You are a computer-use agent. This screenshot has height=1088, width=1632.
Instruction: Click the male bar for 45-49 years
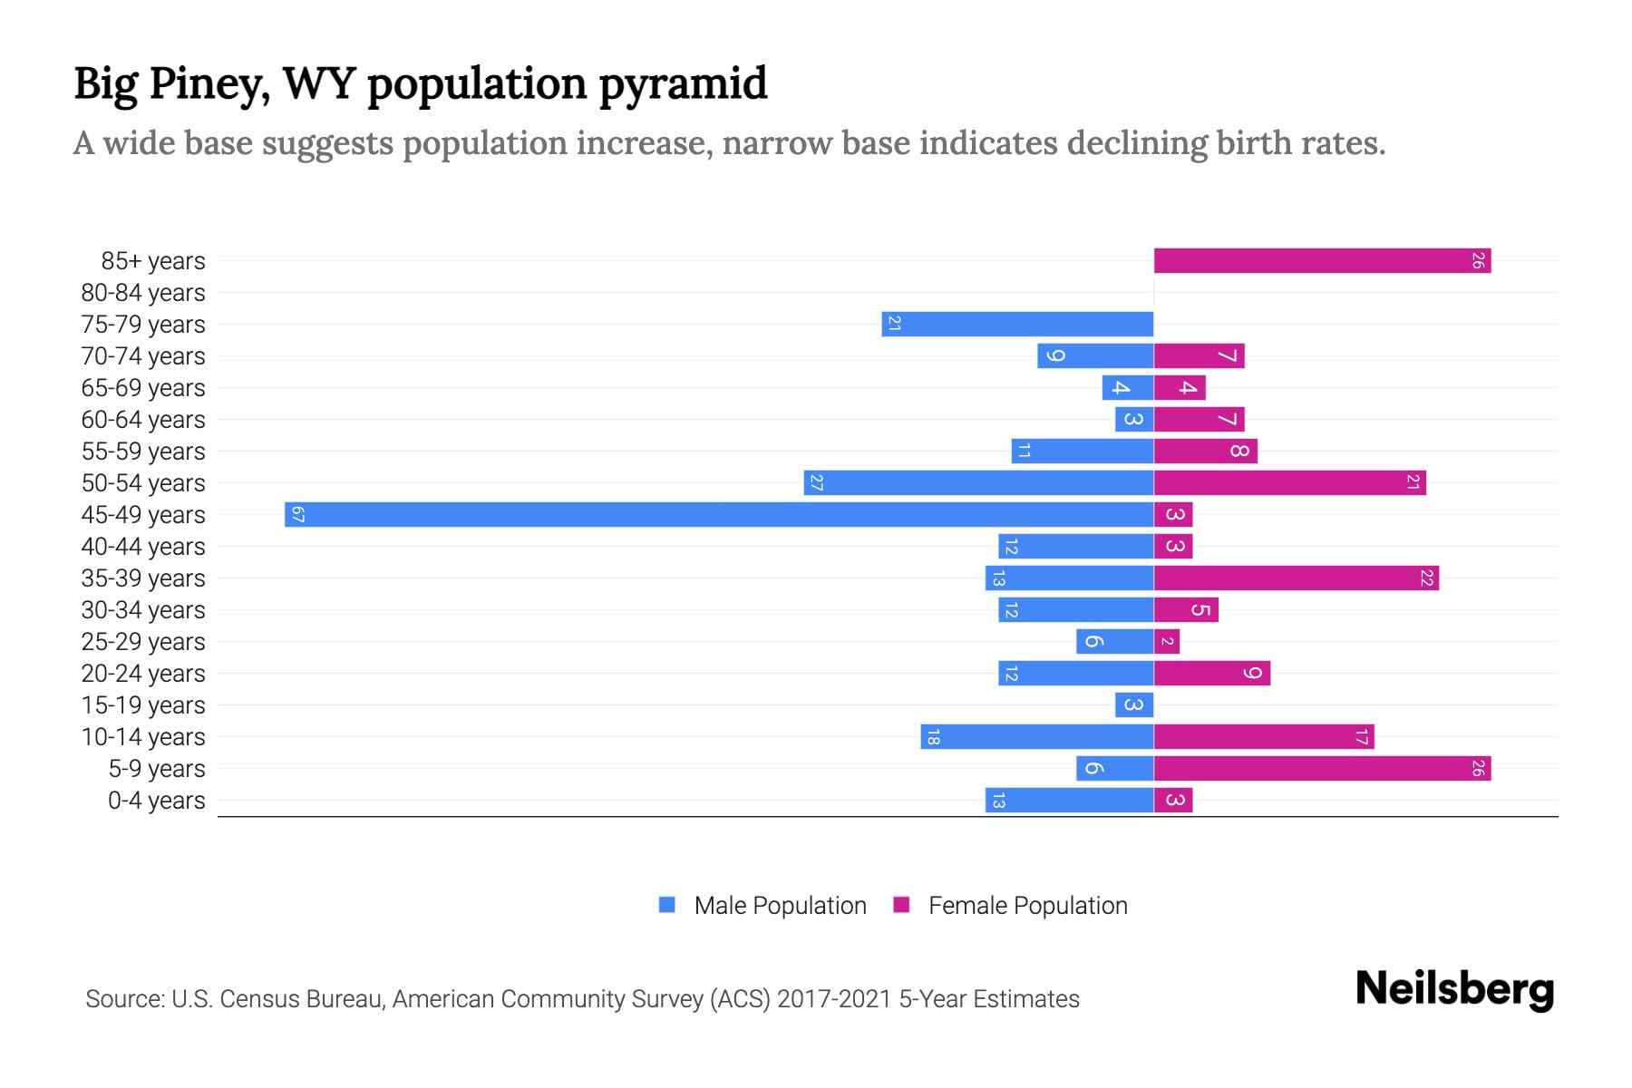tap(719, 514)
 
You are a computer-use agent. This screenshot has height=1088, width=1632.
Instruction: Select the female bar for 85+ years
tap(1322, 260)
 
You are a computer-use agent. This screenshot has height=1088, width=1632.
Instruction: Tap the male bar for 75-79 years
tap(1017, 324)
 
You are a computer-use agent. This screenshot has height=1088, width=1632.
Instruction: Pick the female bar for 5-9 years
tap(1322, 768)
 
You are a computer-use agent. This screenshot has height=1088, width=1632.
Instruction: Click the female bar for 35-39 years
tap(1297, 578)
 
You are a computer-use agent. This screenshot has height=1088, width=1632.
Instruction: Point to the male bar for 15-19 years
tap(1134, 704)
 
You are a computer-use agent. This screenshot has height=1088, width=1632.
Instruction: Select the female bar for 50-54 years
tap(1289, 482)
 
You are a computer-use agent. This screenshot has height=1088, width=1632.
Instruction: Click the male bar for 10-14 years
tap(1037, 736)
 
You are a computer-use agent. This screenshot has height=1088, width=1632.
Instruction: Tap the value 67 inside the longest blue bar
tap(297, 515)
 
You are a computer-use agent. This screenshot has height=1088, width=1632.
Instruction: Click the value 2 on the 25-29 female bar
tap(1168, 642)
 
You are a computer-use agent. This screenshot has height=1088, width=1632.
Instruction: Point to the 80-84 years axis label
tap(143, 293)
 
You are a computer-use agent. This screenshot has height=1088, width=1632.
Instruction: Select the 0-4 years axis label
tap(156, 801)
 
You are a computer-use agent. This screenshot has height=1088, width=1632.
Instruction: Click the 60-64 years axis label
tap(143, 420)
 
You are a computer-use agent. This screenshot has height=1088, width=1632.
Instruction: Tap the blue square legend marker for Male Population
tap(667, 905)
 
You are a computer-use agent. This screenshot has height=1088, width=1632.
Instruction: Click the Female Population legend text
tap(1027, 905)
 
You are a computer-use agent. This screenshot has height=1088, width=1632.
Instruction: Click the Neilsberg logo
tap(1454, 989)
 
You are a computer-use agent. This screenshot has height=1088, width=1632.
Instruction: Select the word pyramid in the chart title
tap(683, 84)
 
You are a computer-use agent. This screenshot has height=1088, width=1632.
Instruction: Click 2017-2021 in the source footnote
tap(833, 999)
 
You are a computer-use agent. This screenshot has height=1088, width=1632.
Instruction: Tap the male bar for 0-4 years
tap(1069, 800)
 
